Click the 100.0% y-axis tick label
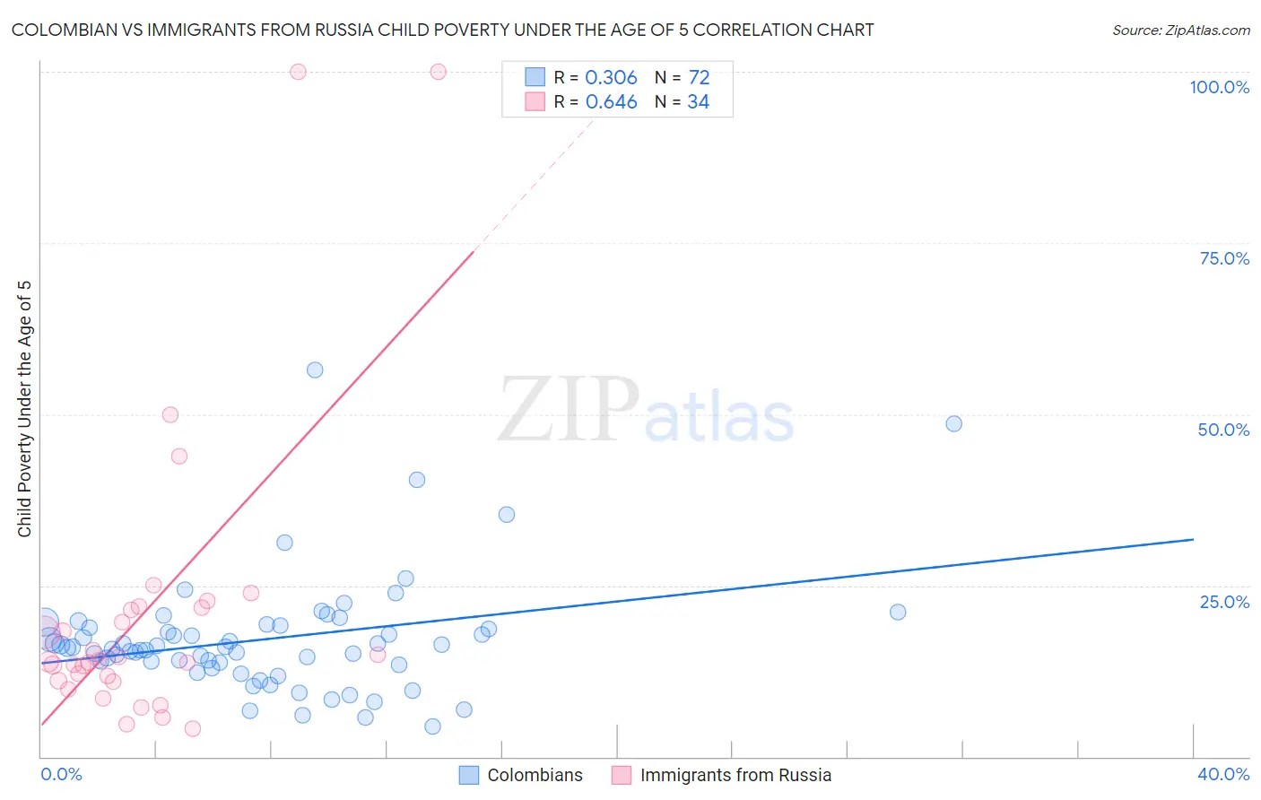(1219, 87)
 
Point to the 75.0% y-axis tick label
(1224, 258)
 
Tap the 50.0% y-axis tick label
(1223, 430)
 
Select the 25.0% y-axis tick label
(1224, 601)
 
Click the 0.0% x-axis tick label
(61, 774)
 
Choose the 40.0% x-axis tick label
(1223, 774)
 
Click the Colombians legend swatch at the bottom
(469, 775)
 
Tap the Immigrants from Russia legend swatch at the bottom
(622, 775)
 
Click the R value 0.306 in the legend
(611, 77)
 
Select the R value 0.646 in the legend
(611, 102)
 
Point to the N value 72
(699, 77)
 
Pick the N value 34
(698, 102)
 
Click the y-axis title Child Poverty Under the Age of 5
(24, 409)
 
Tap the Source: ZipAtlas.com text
(1180, 30)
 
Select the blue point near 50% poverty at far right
(953, 423)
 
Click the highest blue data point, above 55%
(315, 370)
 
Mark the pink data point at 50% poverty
(170, 414)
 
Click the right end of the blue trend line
(1193, 539)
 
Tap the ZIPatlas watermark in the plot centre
(646, 410)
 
